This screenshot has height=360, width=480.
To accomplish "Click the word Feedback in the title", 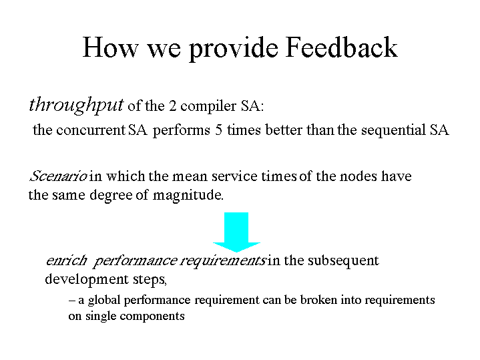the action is (341, 47).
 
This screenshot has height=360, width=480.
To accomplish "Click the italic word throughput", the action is (76, 106).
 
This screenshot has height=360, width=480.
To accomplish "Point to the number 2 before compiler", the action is (173, 106).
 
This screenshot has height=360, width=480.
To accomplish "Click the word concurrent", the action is (91, 130).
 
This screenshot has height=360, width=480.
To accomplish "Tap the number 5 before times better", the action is (218, 130).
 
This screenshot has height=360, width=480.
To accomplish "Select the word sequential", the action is (393, 131).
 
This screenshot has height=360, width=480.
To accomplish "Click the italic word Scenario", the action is (58, 176).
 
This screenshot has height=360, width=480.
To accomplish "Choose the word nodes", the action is (358, 176).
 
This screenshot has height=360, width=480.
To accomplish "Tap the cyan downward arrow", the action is (236, 232).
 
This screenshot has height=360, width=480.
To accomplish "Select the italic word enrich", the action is (67, 260).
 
